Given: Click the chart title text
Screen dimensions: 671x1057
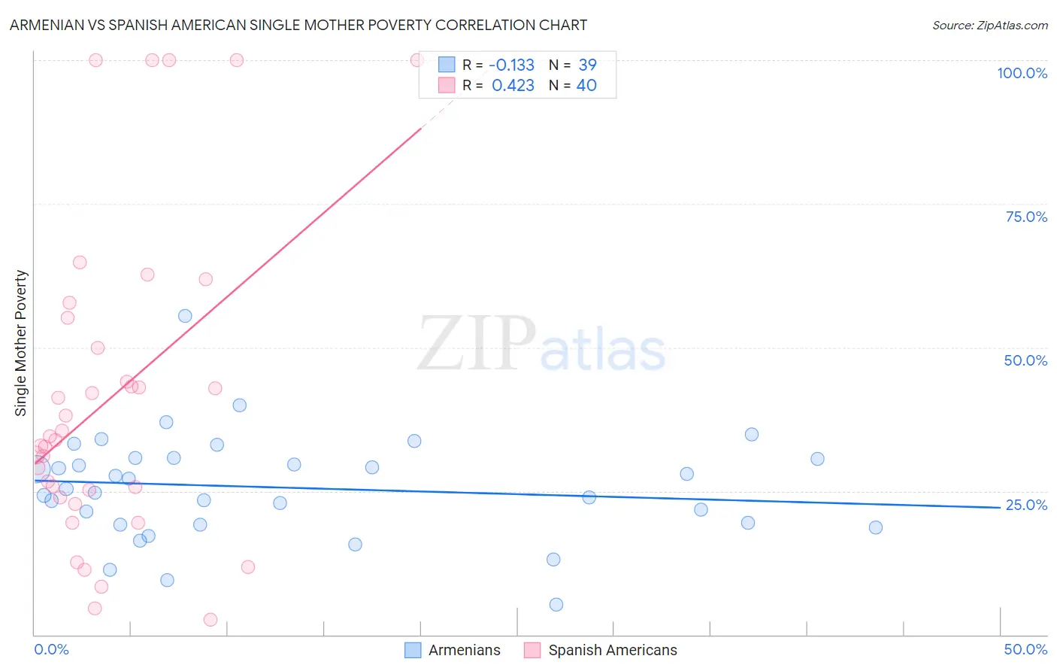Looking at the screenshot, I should (x=298, y=25).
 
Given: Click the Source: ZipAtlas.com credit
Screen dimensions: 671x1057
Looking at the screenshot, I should (x=989, y=25).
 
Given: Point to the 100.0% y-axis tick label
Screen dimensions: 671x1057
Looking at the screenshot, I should (x=1022, y=73).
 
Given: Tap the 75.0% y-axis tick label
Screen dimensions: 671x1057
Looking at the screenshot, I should (x=1026, y=217).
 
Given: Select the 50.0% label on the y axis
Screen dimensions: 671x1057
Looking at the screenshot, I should (x=1025, y=360).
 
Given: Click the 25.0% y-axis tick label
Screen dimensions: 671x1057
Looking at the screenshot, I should (x=1026, y=505).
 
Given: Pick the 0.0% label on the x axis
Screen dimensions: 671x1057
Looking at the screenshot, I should (x=51, y=649).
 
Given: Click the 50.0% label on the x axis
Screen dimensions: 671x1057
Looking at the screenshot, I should (x=1025, y=649).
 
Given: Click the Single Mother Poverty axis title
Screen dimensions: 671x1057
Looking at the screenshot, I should (x=21, y=343).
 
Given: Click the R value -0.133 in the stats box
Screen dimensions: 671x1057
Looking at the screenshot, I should (x=511, y=65).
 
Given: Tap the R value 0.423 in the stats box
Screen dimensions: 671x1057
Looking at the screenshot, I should (x=513, y=85).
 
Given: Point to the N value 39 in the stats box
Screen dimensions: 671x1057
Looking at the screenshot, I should (x=587, y=65).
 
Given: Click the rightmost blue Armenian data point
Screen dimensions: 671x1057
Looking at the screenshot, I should (x=875, y=527).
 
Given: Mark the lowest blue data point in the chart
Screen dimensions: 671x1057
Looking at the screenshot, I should (x=556, y=605).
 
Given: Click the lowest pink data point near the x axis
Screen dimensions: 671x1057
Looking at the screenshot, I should (x=210, y=620).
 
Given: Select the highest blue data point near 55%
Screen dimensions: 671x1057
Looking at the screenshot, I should (x=185, y=316).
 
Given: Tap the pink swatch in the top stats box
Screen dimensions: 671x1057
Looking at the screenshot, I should (x=447, y=85).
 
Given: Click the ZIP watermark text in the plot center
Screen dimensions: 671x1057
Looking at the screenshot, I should (x=477, y=344).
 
